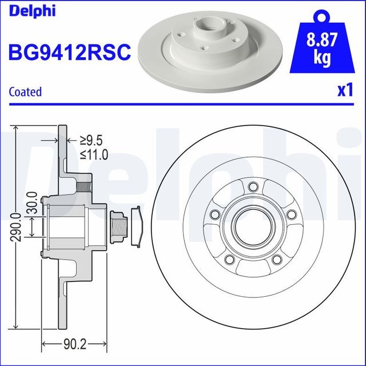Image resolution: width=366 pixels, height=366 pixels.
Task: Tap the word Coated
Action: [x=26, y=91]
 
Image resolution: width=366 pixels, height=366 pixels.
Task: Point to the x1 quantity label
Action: [x=344, y=90]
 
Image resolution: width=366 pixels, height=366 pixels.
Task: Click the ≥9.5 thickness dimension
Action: [x=91, y=140]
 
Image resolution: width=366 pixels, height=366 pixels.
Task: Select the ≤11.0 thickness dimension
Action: [x=94, y=154]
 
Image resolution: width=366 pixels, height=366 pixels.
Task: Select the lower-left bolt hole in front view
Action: [x=230, y=260]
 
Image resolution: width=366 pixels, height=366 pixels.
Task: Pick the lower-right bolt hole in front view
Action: [x=277, y=260]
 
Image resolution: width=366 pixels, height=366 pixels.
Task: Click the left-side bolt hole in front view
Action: [x=215, y=214]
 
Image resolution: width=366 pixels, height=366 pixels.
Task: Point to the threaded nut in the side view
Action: [x=118, y=224]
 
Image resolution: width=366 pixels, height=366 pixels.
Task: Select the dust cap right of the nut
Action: [x=137, y=225]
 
